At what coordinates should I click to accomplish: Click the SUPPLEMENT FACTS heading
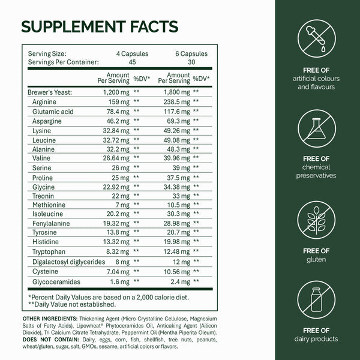click(99, 27)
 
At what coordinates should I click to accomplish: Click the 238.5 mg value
click(173, 101)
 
